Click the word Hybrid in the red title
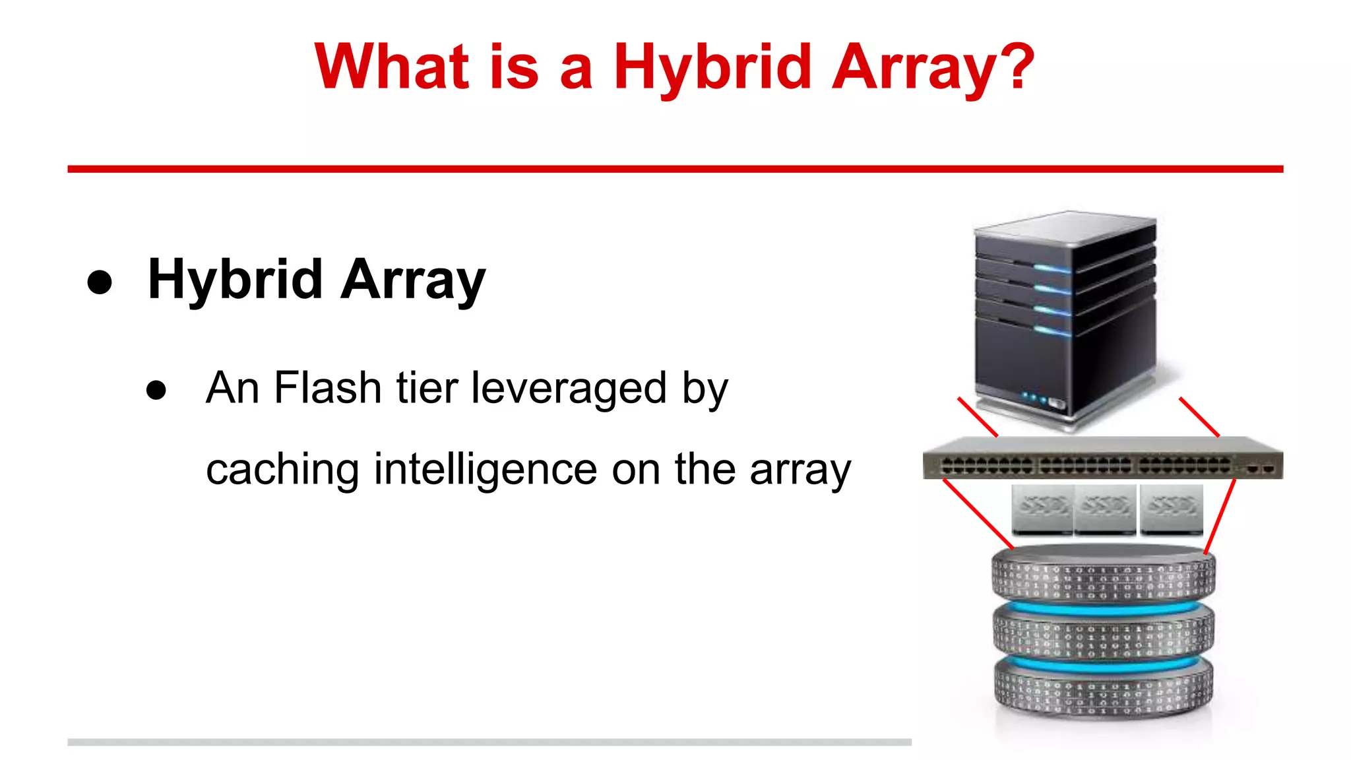click(x=712, y=67)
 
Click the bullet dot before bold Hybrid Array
click(x=100, y=282)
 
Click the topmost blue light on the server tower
click(x=1052, y=269)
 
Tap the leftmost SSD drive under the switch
click(x=1042, y=509)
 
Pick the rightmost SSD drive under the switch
click(x=1171, y=509)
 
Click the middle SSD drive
click(x=1105, y=509)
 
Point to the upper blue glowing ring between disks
click(x=1103, y=607)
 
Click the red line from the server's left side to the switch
click(x=978, y=417)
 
